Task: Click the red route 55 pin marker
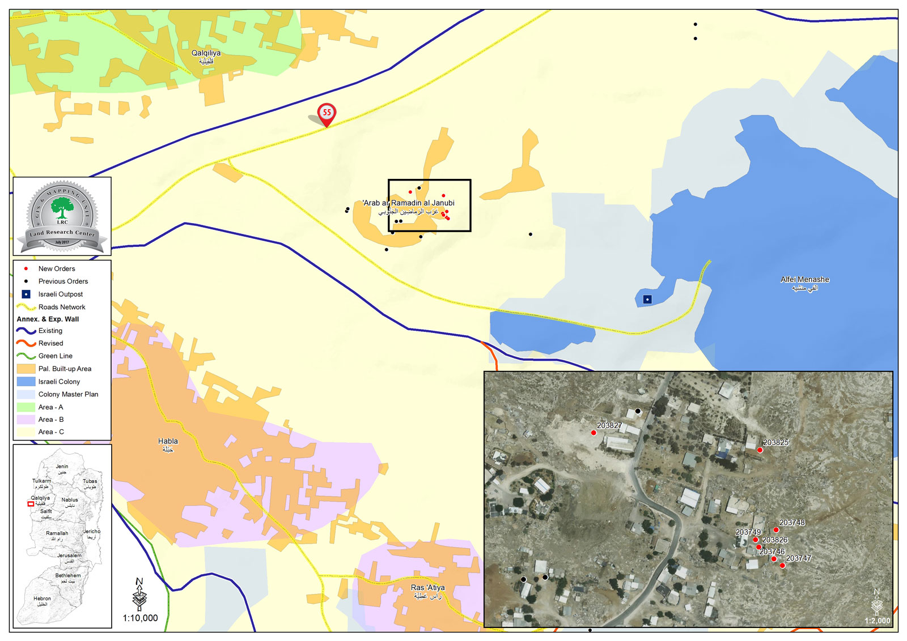click(x=327, y=113)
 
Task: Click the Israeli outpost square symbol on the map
click(x=647, y=299)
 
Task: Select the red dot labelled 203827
click(x=594, y=433)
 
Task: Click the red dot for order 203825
click(x=760, y=450)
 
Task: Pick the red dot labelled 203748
click(x=776, y=530)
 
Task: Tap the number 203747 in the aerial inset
click(x=799, y=558)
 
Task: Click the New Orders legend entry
click(x=56, y=268)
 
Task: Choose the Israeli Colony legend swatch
click(x=26, y=382)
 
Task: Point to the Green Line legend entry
click(x=55, y=356)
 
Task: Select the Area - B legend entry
click(x=50, y=420)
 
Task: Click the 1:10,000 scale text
click(x=141, y=618)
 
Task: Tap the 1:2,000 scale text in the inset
click(x=877, y=621)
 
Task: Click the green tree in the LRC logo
click(x=62, y=207)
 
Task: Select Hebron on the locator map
click(x=42, y=599)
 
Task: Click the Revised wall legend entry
click(x=50, y=343)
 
